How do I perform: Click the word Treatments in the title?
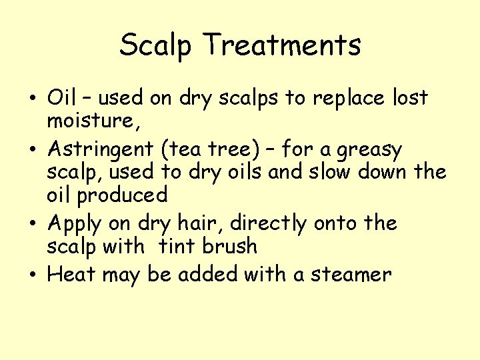pyautogui.click(x=283, y=45)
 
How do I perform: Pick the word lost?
pyautogui.click(x=409, y=98)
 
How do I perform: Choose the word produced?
pyautogui.click(x=122, y=196)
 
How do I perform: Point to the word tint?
pyautogui.click(x=177, y=246)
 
